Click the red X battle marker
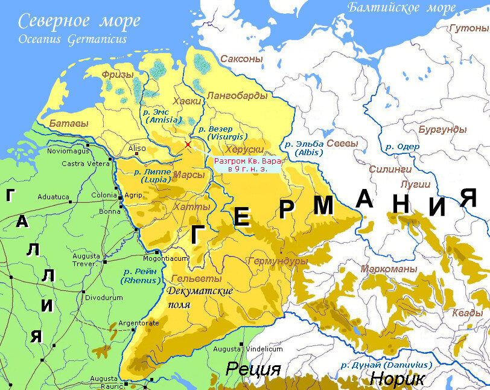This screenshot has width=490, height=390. (x=188, y=144)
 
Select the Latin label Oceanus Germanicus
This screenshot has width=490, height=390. (x=72, y=39)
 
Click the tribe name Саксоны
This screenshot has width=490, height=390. (x=241, y=59)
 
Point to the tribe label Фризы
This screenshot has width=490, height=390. (x=117, y=74)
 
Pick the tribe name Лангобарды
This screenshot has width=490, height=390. (x=236, y=95)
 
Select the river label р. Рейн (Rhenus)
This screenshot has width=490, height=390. (x=141, y=276)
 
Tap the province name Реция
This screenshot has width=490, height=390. (x=253, y=369)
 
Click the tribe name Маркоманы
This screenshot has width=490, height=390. (x=389, y=268)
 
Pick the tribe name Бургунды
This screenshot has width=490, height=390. (x=442, y=129)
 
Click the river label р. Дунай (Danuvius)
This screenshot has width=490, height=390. (x=386, y=365)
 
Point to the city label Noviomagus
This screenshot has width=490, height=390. (x=68, y=151)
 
